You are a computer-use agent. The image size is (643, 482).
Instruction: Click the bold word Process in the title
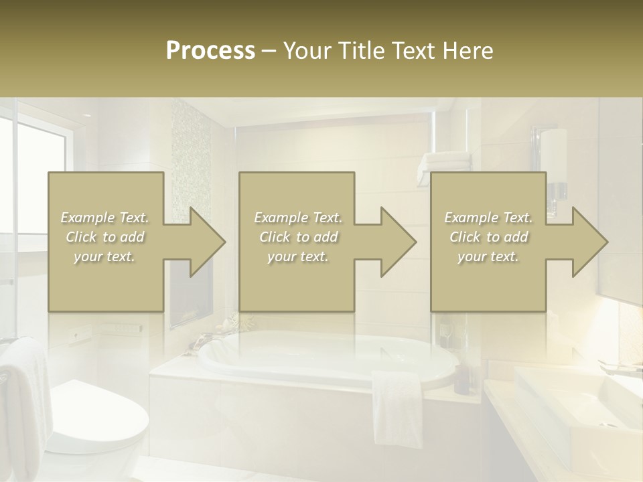[210, 51]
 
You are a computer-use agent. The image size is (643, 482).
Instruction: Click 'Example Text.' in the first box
[104, 218]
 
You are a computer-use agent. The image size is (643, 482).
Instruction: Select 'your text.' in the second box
[297, 256]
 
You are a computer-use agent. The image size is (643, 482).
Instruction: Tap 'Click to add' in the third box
[488, 237]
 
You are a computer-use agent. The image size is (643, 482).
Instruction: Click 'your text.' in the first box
[104, 256]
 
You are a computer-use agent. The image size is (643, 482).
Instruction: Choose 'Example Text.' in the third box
[488, 218]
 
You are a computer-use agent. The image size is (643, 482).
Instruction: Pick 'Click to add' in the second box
[297, 237]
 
